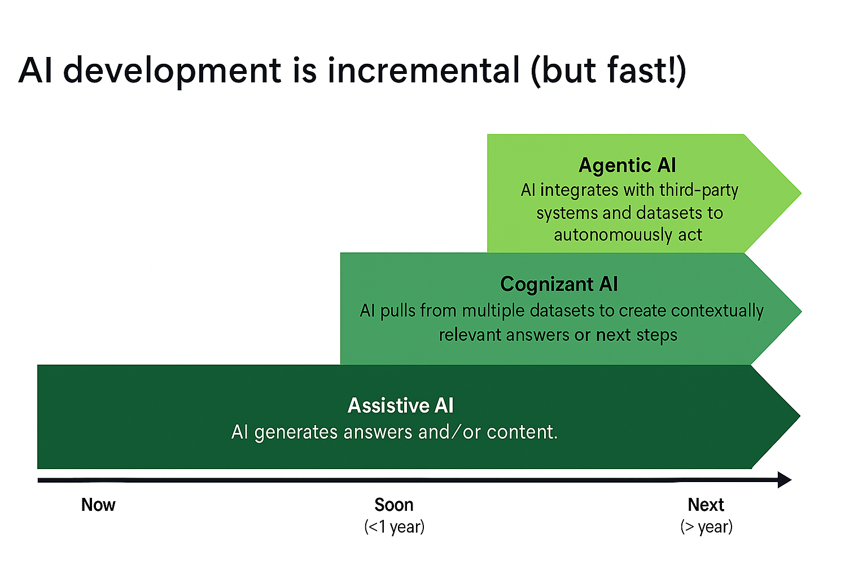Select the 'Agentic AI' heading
tap(627, 165)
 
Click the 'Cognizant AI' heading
tap(559, 284)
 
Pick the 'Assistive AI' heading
tap(400, 405)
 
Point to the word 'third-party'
tap(699, 191)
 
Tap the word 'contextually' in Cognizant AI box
tap(717, 311)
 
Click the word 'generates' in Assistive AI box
tap(296, 432)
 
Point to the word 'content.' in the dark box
tap(522, 432)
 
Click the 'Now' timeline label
tap(98, 505)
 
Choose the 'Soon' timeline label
tap(394, 505)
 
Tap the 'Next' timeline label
tap(706, 505)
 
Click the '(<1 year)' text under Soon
tap(395, 527)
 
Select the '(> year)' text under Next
tap(706, 527)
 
